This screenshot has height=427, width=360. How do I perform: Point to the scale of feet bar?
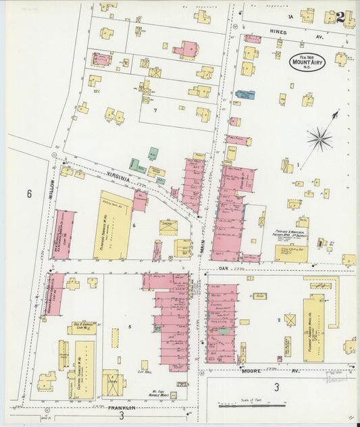253,405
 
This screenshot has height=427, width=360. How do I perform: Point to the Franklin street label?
121,408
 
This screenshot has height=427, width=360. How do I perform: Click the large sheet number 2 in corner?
340,16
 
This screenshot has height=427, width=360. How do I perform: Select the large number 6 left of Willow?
29,195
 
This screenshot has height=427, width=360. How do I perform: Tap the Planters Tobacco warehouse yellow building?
113,226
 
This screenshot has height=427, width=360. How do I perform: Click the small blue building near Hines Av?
245,95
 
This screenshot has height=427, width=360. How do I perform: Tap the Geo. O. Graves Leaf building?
81,328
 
